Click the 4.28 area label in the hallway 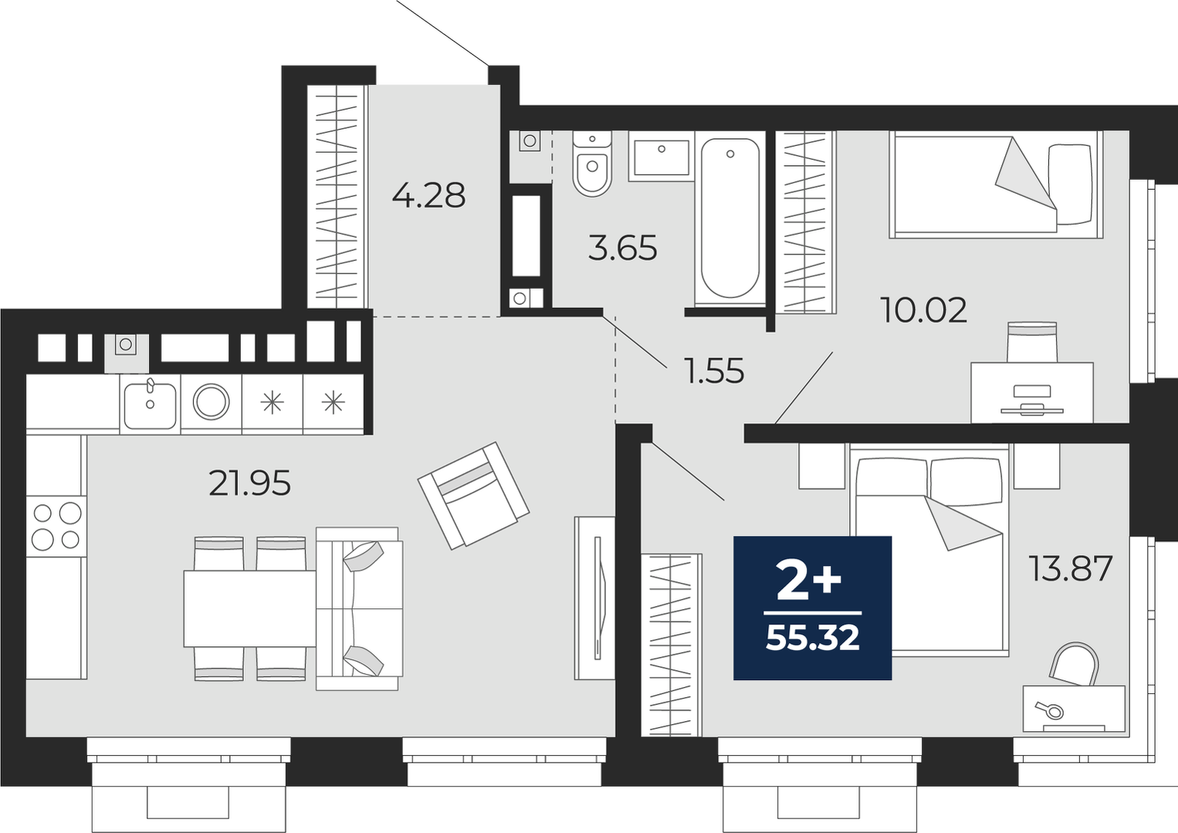pyautogui.click(x=428, y=195)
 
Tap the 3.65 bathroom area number pyautogui.click(x=623, y=249)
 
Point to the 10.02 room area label pyautogui.click(x=923, y=310)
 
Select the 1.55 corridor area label pyautogui.click(x=713, y=371)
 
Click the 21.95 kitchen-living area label pyautogui.click(x=249, y=483)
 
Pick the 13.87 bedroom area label pyautogui.click(x=1071, y=568)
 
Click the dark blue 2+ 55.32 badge pyautogui.click(x=813, y=608)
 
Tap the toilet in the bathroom pyautogui.click(x=592, y=163)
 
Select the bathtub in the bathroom pyautogui.click(x=730, y=218)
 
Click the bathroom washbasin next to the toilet pyautogui.click(x=662, y=157)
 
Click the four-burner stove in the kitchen pyautogui.click(x=56, y=526)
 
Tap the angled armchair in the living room pyautogui.click(x=473, y=496)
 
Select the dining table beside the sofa pyautogui.click(x=250, y=608)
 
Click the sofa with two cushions pyautogui.click(x=359, y=608)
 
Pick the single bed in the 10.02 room pyautogui.click(x=996, y=185)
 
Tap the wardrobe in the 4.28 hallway pyautogui.click(x=337, y=197)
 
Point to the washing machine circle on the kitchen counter pyautogui.click(x=211, y=401)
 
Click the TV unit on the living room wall pyautogui.click(x=594, y=598)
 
